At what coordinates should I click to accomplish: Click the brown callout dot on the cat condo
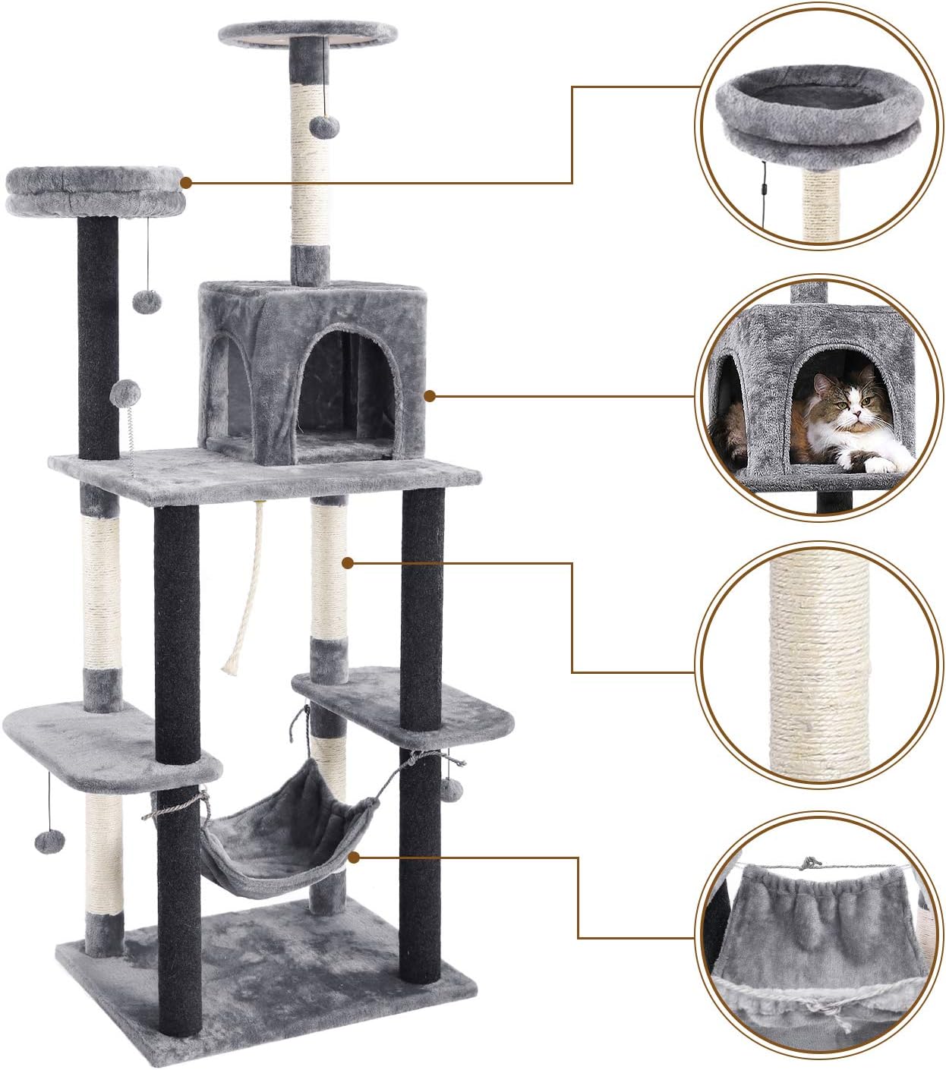(430, 395)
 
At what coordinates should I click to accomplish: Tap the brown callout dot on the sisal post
(348, 563)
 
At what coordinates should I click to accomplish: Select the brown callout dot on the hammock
(354, 858)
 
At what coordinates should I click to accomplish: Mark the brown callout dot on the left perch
(186, 182)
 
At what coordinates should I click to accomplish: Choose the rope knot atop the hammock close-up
(810, 864)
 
